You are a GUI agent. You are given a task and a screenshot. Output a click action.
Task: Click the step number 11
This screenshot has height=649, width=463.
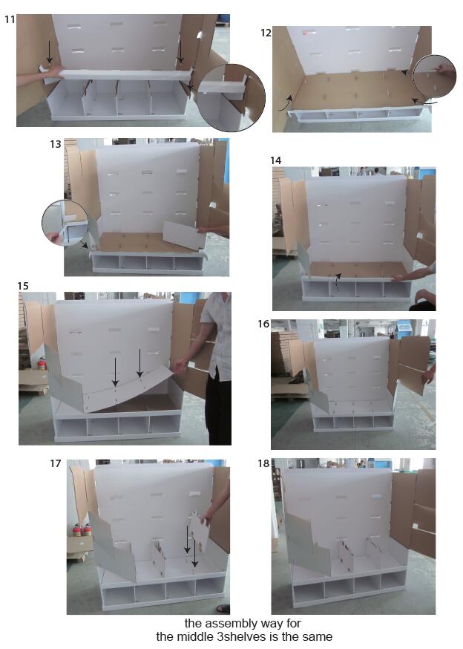tap(10, 19)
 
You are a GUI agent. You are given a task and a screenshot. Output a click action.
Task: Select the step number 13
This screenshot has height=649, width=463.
tap(56, 144)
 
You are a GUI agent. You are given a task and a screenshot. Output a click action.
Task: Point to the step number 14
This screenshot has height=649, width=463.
tap(275, 160)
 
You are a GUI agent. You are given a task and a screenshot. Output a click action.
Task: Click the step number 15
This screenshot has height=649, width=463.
tap(23, 286)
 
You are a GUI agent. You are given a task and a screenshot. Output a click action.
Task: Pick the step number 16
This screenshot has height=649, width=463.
tap(263, 324)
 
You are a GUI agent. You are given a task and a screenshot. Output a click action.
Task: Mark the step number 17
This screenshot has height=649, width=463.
tap(56, 463)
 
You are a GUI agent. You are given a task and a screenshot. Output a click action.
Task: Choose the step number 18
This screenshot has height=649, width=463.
tap(263, 463)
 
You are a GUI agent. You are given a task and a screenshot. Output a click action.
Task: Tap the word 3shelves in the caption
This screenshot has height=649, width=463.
tap(247, 636)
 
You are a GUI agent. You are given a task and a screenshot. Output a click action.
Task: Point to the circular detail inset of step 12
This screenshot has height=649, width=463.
tap(435, 77)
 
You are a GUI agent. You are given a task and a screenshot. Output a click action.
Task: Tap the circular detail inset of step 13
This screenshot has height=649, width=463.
tap(65, 223)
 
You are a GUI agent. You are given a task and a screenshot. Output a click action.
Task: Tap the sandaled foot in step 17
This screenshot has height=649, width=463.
tap(223, 608)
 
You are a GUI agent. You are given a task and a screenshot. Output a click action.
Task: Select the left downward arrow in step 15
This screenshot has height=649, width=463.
tap(116, 372)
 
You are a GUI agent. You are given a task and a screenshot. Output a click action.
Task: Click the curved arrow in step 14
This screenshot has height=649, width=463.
tap(338, 281)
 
